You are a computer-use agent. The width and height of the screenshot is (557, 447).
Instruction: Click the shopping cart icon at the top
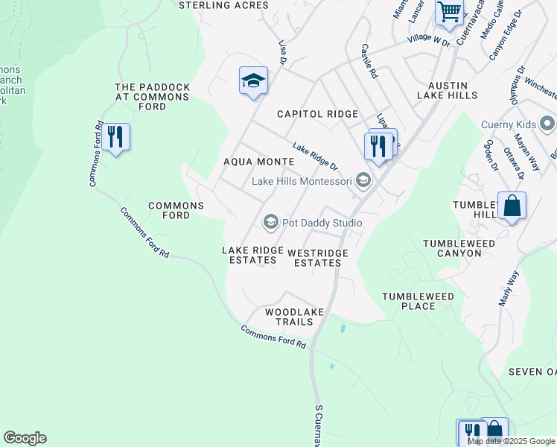(x=450, y=11)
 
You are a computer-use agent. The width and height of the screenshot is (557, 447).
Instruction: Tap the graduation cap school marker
(x=253, y=80)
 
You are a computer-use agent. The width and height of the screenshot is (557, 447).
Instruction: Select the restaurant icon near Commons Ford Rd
(x=115, y=137)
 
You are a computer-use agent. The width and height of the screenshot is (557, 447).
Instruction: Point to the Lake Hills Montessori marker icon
(x=363, y=181)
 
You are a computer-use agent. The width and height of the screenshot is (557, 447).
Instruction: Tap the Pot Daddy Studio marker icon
(x=271, y=223)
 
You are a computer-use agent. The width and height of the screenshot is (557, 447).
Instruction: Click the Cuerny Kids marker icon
(x=549, y=123)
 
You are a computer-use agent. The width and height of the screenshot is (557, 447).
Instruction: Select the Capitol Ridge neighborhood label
(x=317, y=114)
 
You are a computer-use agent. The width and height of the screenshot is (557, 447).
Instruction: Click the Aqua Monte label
(x=254, y=161)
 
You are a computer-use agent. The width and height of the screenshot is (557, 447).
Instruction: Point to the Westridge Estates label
(x=317, y=258)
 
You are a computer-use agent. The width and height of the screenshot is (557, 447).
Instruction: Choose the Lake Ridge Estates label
(x=249, y=255)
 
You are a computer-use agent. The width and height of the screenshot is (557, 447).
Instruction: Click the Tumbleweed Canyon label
(x=452, y=248)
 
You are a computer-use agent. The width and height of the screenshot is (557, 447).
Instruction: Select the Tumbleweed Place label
(x=418, y=301)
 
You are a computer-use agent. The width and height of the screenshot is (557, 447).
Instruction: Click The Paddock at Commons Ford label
(x=152, y=97)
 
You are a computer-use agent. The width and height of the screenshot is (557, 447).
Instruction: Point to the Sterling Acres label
(x=223, y=5)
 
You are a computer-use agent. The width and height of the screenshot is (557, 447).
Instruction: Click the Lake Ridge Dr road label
(x=314, y=156)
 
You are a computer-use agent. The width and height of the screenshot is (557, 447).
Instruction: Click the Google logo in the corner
(x=25, y=438)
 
